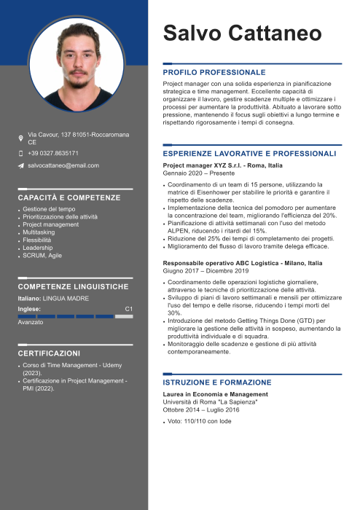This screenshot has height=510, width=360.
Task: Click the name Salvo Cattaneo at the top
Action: tap(242, 33)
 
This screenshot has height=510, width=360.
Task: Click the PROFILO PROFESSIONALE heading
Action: tap(214, 73)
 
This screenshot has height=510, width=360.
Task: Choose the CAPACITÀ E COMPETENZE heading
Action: tap(69, 197)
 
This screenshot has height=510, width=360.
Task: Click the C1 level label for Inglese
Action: tap(129, 309)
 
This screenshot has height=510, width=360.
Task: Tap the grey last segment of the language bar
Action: tap(124, 316)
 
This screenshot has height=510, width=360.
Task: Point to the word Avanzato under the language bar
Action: tap(31, 322)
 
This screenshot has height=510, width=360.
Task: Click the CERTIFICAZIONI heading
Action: tap(49, 353)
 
